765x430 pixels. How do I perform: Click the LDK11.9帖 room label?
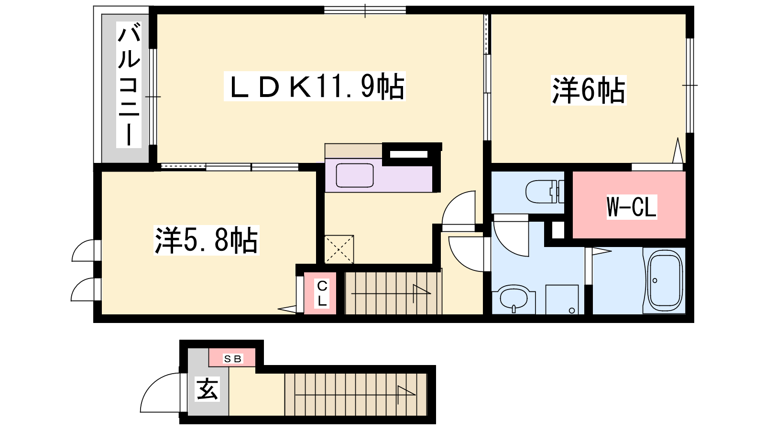point(315,86)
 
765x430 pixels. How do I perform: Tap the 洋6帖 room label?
point(589,90)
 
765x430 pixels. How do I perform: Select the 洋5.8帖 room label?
point(206,240)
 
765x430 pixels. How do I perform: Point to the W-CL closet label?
point(632,206)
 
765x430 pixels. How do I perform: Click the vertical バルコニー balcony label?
point(129,85)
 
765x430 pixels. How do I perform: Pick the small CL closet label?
point(322,293)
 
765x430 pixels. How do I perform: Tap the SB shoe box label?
point(232,359)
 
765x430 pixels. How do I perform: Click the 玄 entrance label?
point(207,389)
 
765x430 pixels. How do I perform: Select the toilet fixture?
point(545,192)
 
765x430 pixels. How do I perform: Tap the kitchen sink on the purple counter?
point(355,175)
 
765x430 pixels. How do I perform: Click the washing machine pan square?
point(562,300)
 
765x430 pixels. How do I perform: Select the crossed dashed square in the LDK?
point(339,249)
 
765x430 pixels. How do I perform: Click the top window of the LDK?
point(365,10)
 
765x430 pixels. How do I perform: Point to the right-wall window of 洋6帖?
point(690,86)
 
